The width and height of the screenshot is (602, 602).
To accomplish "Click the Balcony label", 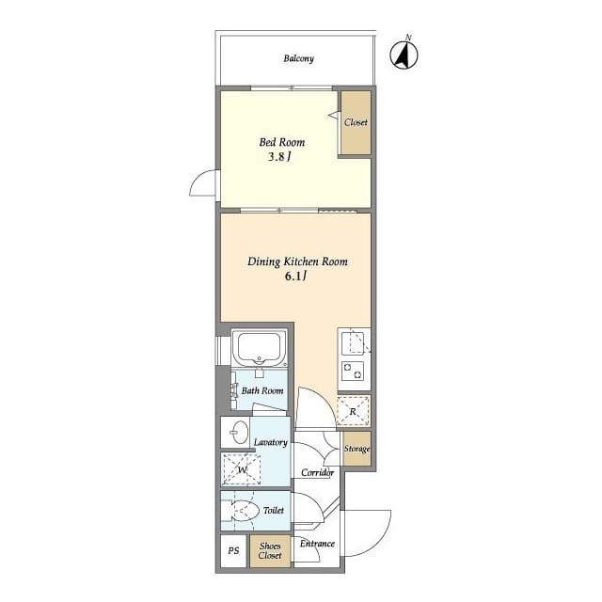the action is (299, 58).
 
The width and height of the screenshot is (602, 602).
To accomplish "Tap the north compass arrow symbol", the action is (404, 55).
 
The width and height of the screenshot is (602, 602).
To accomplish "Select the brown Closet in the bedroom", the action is (356, 123).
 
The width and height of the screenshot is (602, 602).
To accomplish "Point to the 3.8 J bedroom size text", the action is (278, 157).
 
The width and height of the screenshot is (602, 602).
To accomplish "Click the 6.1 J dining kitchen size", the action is (295, 276).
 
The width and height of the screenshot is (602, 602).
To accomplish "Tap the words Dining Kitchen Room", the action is (297, 261).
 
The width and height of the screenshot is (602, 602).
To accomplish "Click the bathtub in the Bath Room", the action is (260, 349).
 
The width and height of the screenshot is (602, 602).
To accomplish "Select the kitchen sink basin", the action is (353, 343).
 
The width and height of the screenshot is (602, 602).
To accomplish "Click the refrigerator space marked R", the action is (354, 411).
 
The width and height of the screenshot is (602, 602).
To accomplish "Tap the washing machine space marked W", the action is (242, 469).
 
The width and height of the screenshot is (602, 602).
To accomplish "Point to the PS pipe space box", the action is (233, 550).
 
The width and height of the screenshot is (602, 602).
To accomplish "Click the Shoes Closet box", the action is (270, 551).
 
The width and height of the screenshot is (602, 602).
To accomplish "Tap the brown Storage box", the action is (357, 449).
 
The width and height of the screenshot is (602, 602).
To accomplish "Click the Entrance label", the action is (317, 544).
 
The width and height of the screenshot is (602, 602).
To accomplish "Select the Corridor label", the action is (317, 472).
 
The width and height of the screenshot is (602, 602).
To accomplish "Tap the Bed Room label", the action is (282, 142).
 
